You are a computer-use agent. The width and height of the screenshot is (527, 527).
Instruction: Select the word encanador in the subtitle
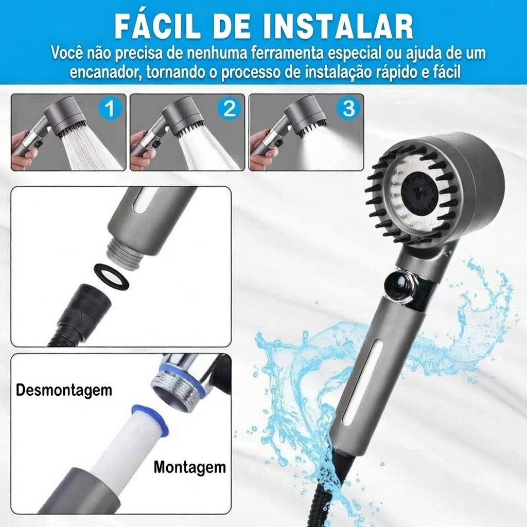[104, 72]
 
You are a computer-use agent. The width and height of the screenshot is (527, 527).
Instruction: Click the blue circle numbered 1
[110, 108]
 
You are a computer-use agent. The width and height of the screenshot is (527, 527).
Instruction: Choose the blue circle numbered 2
[229, 108]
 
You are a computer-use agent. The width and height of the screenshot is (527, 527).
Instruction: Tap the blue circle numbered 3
[348, 108]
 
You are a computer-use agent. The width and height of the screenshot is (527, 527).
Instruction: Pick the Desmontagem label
[64, 390]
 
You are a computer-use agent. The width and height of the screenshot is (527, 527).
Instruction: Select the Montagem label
[189, 467]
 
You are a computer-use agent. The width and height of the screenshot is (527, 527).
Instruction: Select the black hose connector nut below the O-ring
[86, 309]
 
